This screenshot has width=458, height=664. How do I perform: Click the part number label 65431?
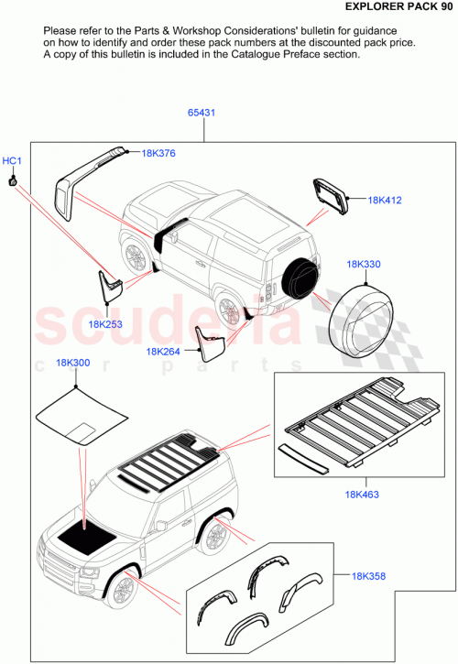[x=202, y=113]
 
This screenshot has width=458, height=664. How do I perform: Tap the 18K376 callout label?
[x=159, y=153]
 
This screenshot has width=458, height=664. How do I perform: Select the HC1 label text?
[x=12, y=162]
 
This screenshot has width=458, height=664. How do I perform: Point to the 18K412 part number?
[x=385, y=200]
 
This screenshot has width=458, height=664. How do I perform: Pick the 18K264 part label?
[x=163, y=351]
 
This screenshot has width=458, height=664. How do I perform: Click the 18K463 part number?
[x=364, y=495]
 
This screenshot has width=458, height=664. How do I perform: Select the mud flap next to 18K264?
[x=208, y=341]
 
